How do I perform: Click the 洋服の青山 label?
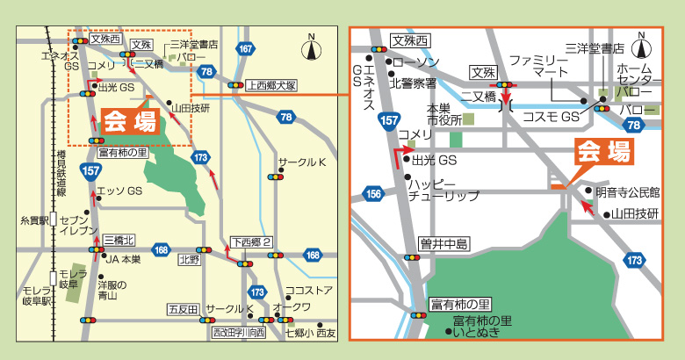coord(112,291)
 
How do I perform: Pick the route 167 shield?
coord(246,47)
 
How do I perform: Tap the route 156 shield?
coord(374,194)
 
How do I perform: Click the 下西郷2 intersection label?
coord(252,241)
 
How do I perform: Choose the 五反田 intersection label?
coord(183,309)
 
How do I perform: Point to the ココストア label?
coord(308,291)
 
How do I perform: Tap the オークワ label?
coord(292,306)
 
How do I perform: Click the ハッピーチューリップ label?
coord(443,190)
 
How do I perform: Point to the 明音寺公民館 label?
coord(627,191)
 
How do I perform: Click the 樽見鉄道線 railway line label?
coord(61,174)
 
